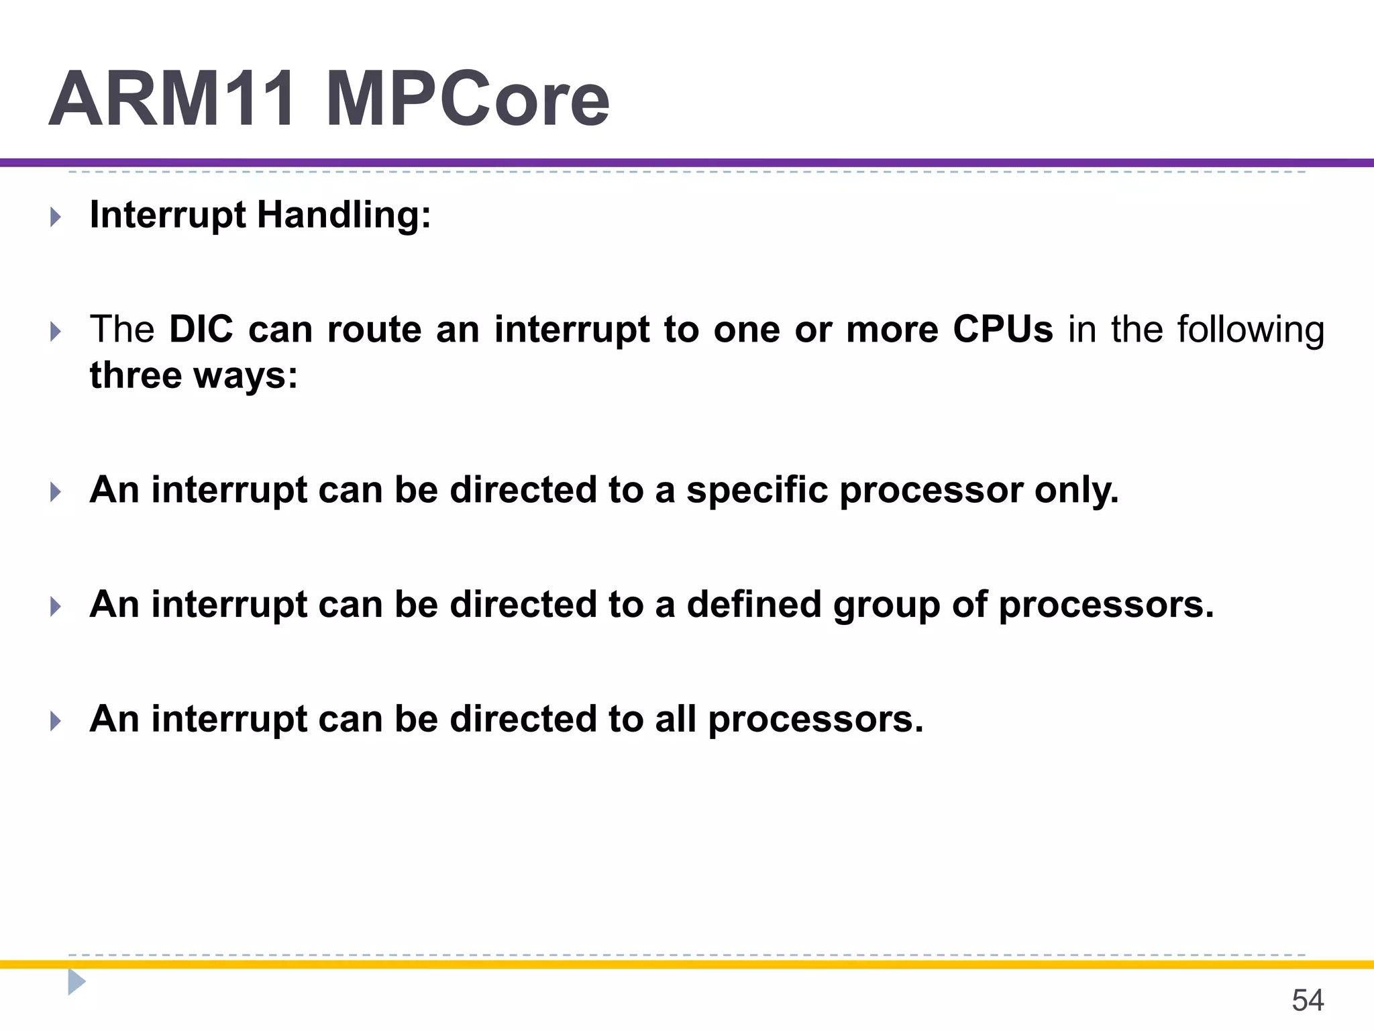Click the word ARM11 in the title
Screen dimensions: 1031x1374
click(172, 99)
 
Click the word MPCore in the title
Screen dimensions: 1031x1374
click(468, 99)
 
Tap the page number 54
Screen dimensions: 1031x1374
click(1307, 1000)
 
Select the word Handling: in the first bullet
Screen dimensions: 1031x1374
click(343, 216)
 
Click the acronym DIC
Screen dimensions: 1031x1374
click(201, 330)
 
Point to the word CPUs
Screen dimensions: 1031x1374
click(1003, 330)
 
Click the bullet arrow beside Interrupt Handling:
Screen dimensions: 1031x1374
click(56, 217)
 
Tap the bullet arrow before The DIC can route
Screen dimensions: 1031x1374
click(56, 332)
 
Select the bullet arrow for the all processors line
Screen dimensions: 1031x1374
click(56, 722)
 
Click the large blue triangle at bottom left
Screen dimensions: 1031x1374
click(76, 982)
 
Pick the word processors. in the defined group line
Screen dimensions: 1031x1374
click(1106, 605)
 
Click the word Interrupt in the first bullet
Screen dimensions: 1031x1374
click(167, 216)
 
